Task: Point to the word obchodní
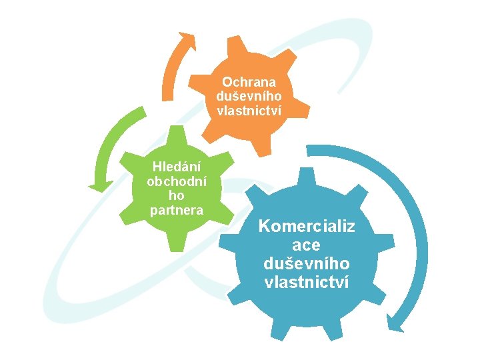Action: pyautogui.click(x=176, y=181)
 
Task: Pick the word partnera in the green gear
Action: pyautogui.click(x=176, y=211)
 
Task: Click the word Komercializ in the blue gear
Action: pyautogui.click(x=307, y=227)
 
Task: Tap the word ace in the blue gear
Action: pyautogui.click(x=307, y=245)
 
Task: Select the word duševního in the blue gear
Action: pyautogui.click(x=307, y=264)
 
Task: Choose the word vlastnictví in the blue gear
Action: pyautogui.click(x=307, y=283)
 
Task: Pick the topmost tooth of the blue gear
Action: pyautogui.click(x=306, y=177)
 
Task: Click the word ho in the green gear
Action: pyautogui.click(x=176, y=197)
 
